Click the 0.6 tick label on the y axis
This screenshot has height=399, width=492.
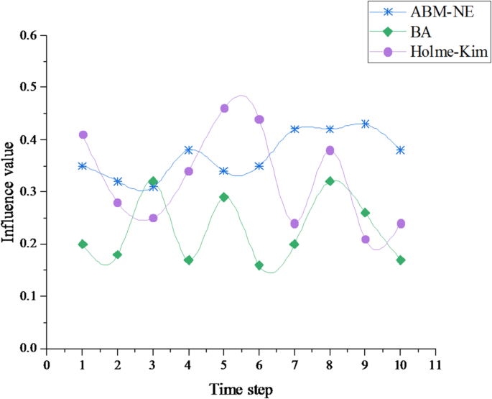click(28, 35)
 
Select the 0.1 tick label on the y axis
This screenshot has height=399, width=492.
click(28, 296)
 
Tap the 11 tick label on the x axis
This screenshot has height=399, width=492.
click(433, 364)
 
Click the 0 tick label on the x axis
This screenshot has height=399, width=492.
click(47, 364)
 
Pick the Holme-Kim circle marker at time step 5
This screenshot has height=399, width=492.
click(224, 109)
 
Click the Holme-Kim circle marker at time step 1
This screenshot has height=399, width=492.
click(83, 134)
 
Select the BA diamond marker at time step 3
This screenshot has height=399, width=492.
click(153, 182)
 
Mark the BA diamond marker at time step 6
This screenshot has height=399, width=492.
click(259, 265)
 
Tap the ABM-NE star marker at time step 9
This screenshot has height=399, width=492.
click(366, 124)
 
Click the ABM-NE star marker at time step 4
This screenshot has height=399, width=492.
click(188, 150)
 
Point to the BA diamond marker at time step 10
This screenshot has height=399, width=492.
click(401, 260)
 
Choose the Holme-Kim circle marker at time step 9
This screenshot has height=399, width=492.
click(366, 239)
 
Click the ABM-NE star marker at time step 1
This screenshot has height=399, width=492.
click(83, 165)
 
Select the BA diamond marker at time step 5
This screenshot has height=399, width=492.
click(224, 197)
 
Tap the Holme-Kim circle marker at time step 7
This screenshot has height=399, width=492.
click(294, 224)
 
